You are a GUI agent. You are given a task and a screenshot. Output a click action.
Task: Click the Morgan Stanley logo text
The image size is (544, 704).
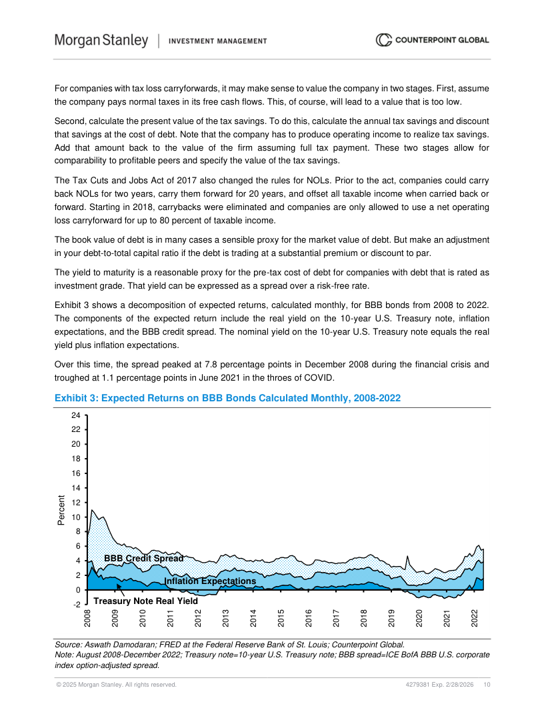pos(101,41)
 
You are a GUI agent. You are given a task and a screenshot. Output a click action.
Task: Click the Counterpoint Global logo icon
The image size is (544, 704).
pos(384,40)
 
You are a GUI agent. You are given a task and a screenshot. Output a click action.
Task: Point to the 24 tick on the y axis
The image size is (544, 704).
pos(75,415)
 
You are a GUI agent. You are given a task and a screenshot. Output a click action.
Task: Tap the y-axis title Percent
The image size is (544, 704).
pos(61,510)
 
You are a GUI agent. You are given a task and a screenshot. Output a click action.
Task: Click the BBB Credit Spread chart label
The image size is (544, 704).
pos(143,558)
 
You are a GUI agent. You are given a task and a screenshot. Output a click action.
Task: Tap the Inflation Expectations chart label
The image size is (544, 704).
pos(210,581)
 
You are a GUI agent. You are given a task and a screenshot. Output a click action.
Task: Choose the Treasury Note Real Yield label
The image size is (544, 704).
pos(145,601)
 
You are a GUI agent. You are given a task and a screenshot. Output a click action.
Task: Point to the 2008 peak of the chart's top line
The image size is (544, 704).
pos(92,510)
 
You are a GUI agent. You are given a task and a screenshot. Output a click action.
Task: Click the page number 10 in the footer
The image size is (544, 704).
pos(487,685)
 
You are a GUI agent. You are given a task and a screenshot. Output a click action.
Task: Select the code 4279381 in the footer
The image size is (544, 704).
pos(417,685)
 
